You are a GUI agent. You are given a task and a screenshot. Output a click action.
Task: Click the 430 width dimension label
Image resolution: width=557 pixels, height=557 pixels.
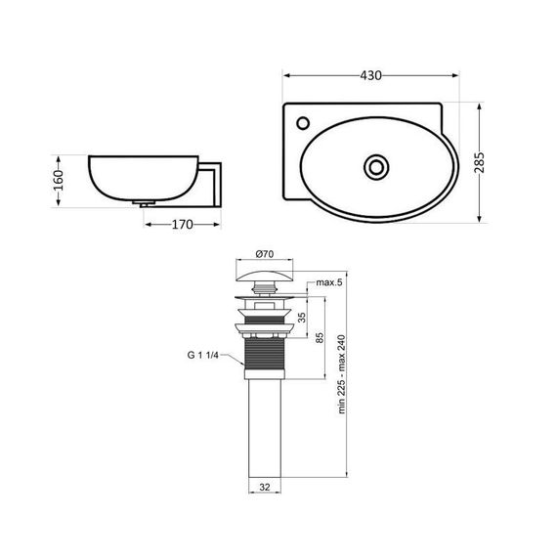pyautogui.click(x=370, y=75)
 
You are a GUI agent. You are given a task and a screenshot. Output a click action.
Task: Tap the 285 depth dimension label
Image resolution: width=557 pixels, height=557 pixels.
pyautogui.click(x=480, y=162)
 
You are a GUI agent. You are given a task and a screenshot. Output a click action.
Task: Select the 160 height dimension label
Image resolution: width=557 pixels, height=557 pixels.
pyautogui.click(x=59, y=180)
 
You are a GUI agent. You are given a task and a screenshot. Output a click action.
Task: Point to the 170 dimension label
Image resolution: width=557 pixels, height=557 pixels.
pyautogui.click(x=182, y=225)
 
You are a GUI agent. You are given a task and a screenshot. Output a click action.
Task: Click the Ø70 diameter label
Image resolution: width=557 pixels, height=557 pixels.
pyautogui.click(x=265, y=254)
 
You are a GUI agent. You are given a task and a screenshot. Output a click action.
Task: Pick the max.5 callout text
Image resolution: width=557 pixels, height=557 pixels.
pyautogui.click(x=329, y=282)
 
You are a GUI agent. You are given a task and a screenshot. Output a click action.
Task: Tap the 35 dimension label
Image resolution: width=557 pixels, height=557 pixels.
pyautogui.click(x=302, y=318)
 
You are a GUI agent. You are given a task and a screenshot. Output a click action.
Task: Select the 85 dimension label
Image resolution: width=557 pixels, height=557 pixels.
pyautogui.click(x=320, y=337)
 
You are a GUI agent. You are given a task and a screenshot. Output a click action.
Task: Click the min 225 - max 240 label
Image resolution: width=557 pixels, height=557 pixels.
pyautogui.click(x=342, y=374)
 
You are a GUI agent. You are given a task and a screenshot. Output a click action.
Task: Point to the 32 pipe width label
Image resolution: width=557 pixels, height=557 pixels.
pyautogui.click(x=265, y=488)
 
